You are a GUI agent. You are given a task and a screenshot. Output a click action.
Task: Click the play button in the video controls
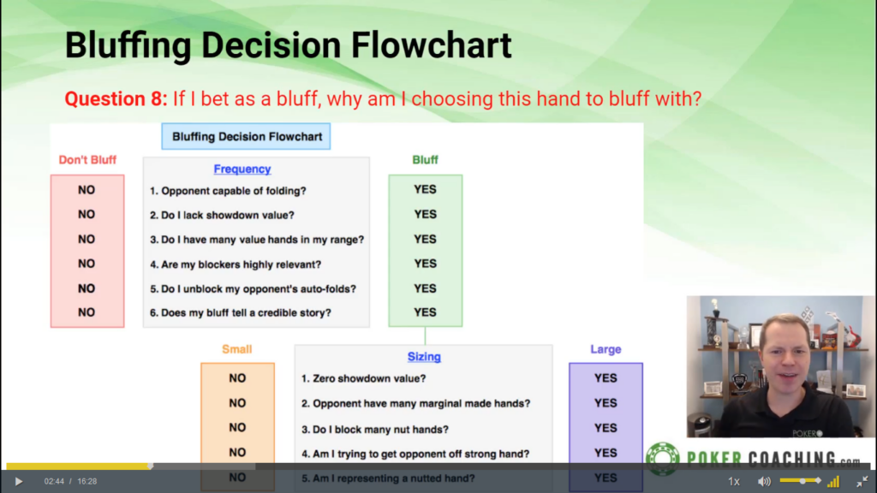point(19,481)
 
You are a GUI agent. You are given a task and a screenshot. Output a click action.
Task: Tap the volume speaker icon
point(764,481)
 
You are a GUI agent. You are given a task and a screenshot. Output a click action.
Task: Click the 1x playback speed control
point(734,481)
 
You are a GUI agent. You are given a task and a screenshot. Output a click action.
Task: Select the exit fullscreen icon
point(862,481)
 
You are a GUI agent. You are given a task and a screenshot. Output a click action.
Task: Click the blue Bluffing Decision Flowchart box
point(246,136)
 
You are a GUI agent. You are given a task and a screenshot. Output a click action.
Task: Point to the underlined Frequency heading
point(242,169)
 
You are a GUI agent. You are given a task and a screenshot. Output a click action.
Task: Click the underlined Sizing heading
point(424,357)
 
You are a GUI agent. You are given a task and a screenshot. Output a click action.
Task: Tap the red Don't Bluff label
point(87,160)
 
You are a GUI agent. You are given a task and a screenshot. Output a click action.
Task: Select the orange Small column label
point(237,349)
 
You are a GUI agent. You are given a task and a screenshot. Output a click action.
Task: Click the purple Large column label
point(606,349)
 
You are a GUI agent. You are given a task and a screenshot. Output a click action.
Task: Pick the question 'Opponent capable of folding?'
point(228,191)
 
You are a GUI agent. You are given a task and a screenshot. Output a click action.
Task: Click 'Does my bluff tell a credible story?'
point(241,312)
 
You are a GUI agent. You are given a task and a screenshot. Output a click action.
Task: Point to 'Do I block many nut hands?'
point(375,430)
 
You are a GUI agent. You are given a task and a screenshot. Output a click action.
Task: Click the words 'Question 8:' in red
point(116,99)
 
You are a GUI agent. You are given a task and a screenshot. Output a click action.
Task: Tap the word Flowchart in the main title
point(432,45)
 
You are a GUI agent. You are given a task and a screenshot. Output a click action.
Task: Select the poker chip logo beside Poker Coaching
point(663,459)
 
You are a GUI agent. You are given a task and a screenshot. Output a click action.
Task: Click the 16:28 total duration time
point(87,481)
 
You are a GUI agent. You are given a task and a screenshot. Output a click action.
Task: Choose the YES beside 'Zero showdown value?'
point(606,378)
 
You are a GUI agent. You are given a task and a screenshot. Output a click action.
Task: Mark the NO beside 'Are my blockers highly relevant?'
point(87,264)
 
